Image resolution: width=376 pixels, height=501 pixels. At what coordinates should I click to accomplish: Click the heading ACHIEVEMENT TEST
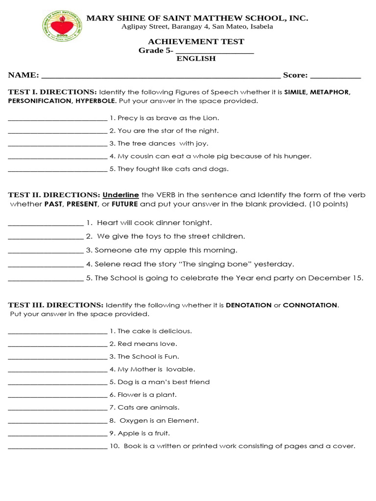pyautogui.click(x=196, y=42)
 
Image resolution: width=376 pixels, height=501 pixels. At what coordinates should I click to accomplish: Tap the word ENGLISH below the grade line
pyautogui.click(x=196, y=59)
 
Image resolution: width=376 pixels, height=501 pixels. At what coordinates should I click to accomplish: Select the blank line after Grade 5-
pyautogui.click(x=214, y=52)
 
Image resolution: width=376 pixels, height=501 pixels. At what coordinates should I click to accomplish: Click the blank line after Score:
pyautogui.click(x=335, y=76)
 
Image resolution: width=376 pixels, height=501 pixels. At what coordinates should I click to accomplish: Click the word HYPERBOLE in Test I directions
pyautogui.click(x=95, y=101)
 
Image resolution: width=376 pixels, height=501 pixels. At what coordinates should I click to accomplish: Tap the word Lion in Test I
pyautogui.click(x=211, y=118)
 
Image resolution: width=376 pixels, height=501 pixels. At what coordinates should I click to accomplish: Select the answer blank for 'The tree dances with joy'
pyautogui.click(x=57, y=145)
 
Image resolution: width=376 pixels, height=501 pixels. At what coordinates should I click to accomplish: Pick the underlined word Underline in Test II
pyautogui.click(x=121, y=195)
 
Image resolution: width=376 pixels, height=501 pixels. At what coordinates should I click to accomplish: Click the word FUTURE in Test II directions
pyautogui.click(x=125, y=204)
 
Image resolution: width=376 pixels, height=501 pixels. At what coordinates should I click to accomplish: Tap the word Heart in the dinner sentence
pyautogui.click(x=108, y=223)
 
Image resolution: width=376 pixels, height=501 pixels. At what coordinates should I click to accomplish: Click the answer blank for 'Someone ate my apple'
pyautogui.click(x=46, y=251)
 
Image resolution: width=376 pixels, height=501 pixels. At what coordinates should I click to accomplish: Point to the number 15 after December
pyautogui.click(x=359, y=278)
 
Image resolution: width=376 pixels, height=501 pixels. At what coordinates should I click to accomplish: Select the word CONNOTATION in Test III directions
pyautogui.click(x=310, y=305)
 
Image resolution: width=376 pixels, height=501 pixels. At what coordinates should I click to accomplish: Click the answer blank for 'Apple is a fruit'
pyautogui.click(x=57, y=434)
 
